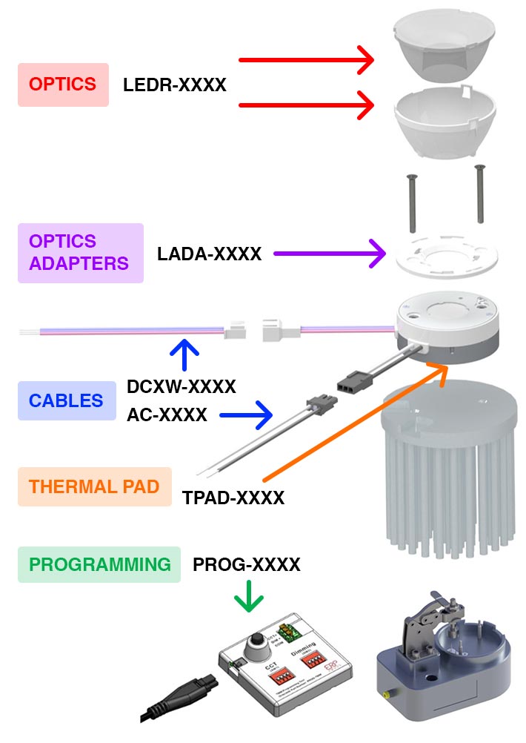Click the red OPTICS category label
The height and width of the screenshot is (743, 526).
[x=63, y=85]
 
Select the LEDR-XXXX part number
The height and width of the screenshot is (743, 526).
[x=175, y=85]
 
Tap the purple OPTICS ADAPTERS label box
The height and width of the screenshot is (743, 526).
[x=80, y=252]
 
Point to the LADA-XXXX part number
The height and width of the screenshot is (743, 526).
[x=209, y=254]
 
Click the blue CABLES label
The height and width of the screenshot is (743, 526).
[x=66, y=401]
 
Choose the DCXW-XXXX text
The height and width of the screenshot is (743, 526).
[x=181, y=387]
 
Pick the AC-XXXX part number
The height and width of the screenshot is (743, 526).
[x=167, y=415]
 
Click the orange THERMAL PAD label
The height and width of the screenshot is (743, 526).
[x=94, y=487]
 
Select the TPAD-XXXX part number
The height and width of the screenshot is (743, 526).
[x=233, y=498]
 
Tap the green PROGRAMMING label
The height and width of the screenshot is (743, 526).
[x=99, y=564]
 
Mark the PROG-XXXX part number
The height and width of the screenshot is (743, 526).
[x=246, y=565]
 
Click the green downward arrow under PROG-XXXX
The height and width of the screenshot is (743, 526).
[x=249, y=597]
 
